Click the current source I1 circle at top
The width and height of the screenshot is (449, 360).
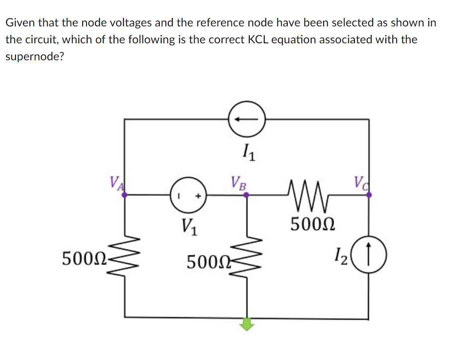[x=247, y=120]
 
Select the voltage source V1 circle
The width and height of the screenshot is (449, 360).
[x=188, y=196]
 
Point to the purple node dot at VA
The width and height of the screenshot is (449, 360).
[x=124, y=196]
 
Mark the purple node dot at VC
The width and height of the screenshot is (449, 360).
[x=369, y=196]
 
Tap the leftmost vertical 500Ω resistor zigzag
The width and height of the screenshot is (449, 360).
[x=124, y=257]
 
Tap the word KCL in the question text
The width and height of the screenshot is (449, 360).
[x=260, y=39]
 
